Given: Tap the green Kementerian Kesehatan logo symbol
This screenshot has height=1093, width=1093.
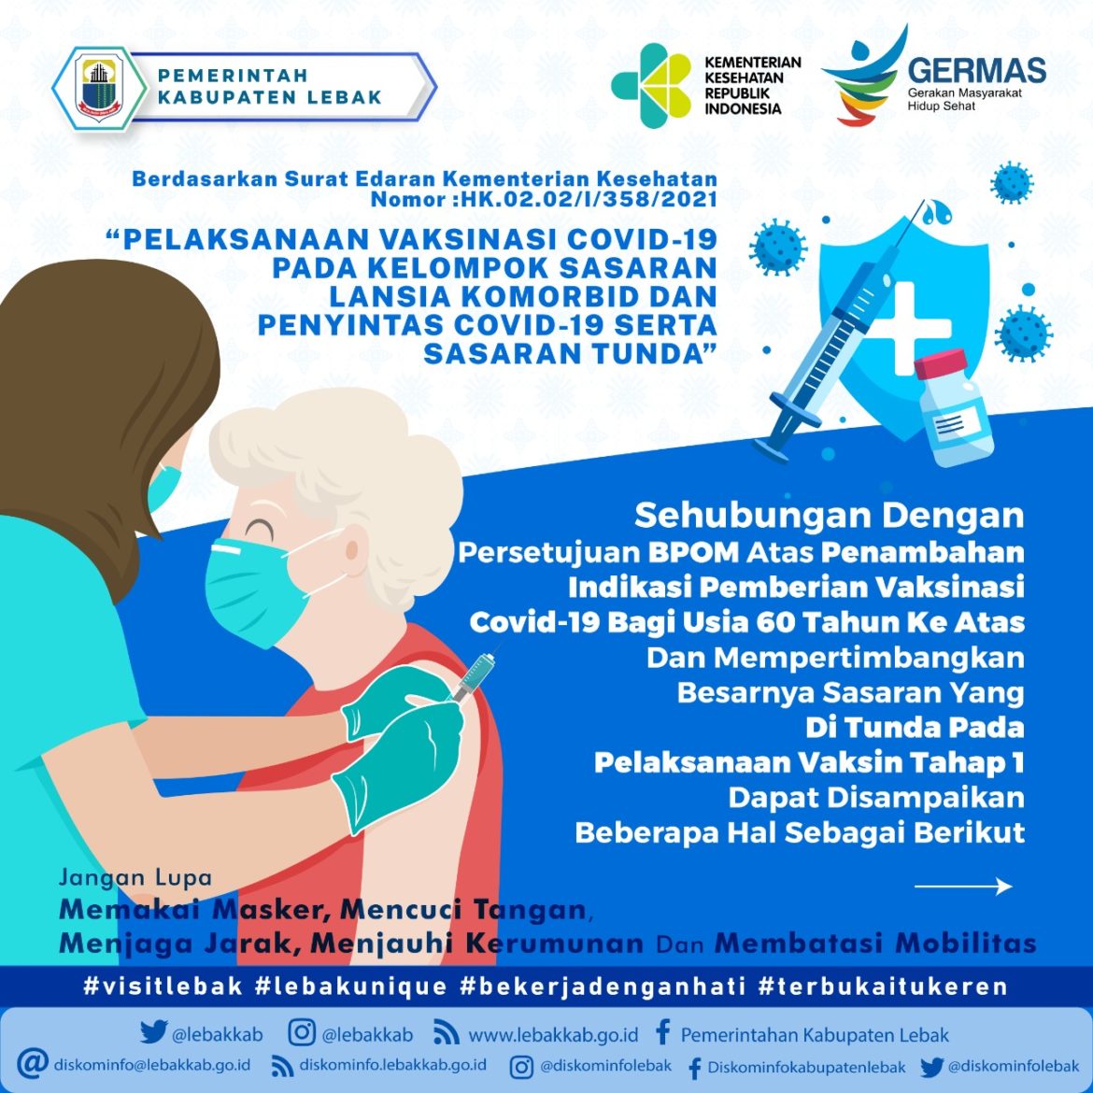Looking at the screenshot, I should [x=652, y=85].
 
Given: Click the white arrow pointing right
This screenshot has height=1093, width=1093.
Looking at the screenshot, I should [x=962, y=887].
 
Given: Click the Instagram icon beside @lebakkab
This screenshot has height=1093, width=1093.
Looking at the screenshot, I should [x=302, y=1033].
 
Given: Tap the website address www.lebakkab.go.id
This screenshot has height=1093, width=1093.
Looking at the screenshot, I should [x=553, y=1035].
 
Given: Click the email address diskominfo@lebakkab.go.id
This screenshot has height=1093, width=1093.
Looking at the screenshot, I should [x=151, y=1065].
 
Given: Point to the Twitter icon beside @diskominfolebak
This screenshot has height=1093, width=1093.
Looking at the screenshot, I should [x=931, y=1067].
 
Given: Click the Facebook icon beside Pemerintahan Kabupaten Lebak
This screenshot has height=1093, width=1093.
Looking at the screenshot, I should [x=662, y=1033].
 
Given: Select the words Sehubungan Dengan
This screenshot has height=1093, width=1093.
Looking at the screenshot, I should [x=829, y=515].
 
